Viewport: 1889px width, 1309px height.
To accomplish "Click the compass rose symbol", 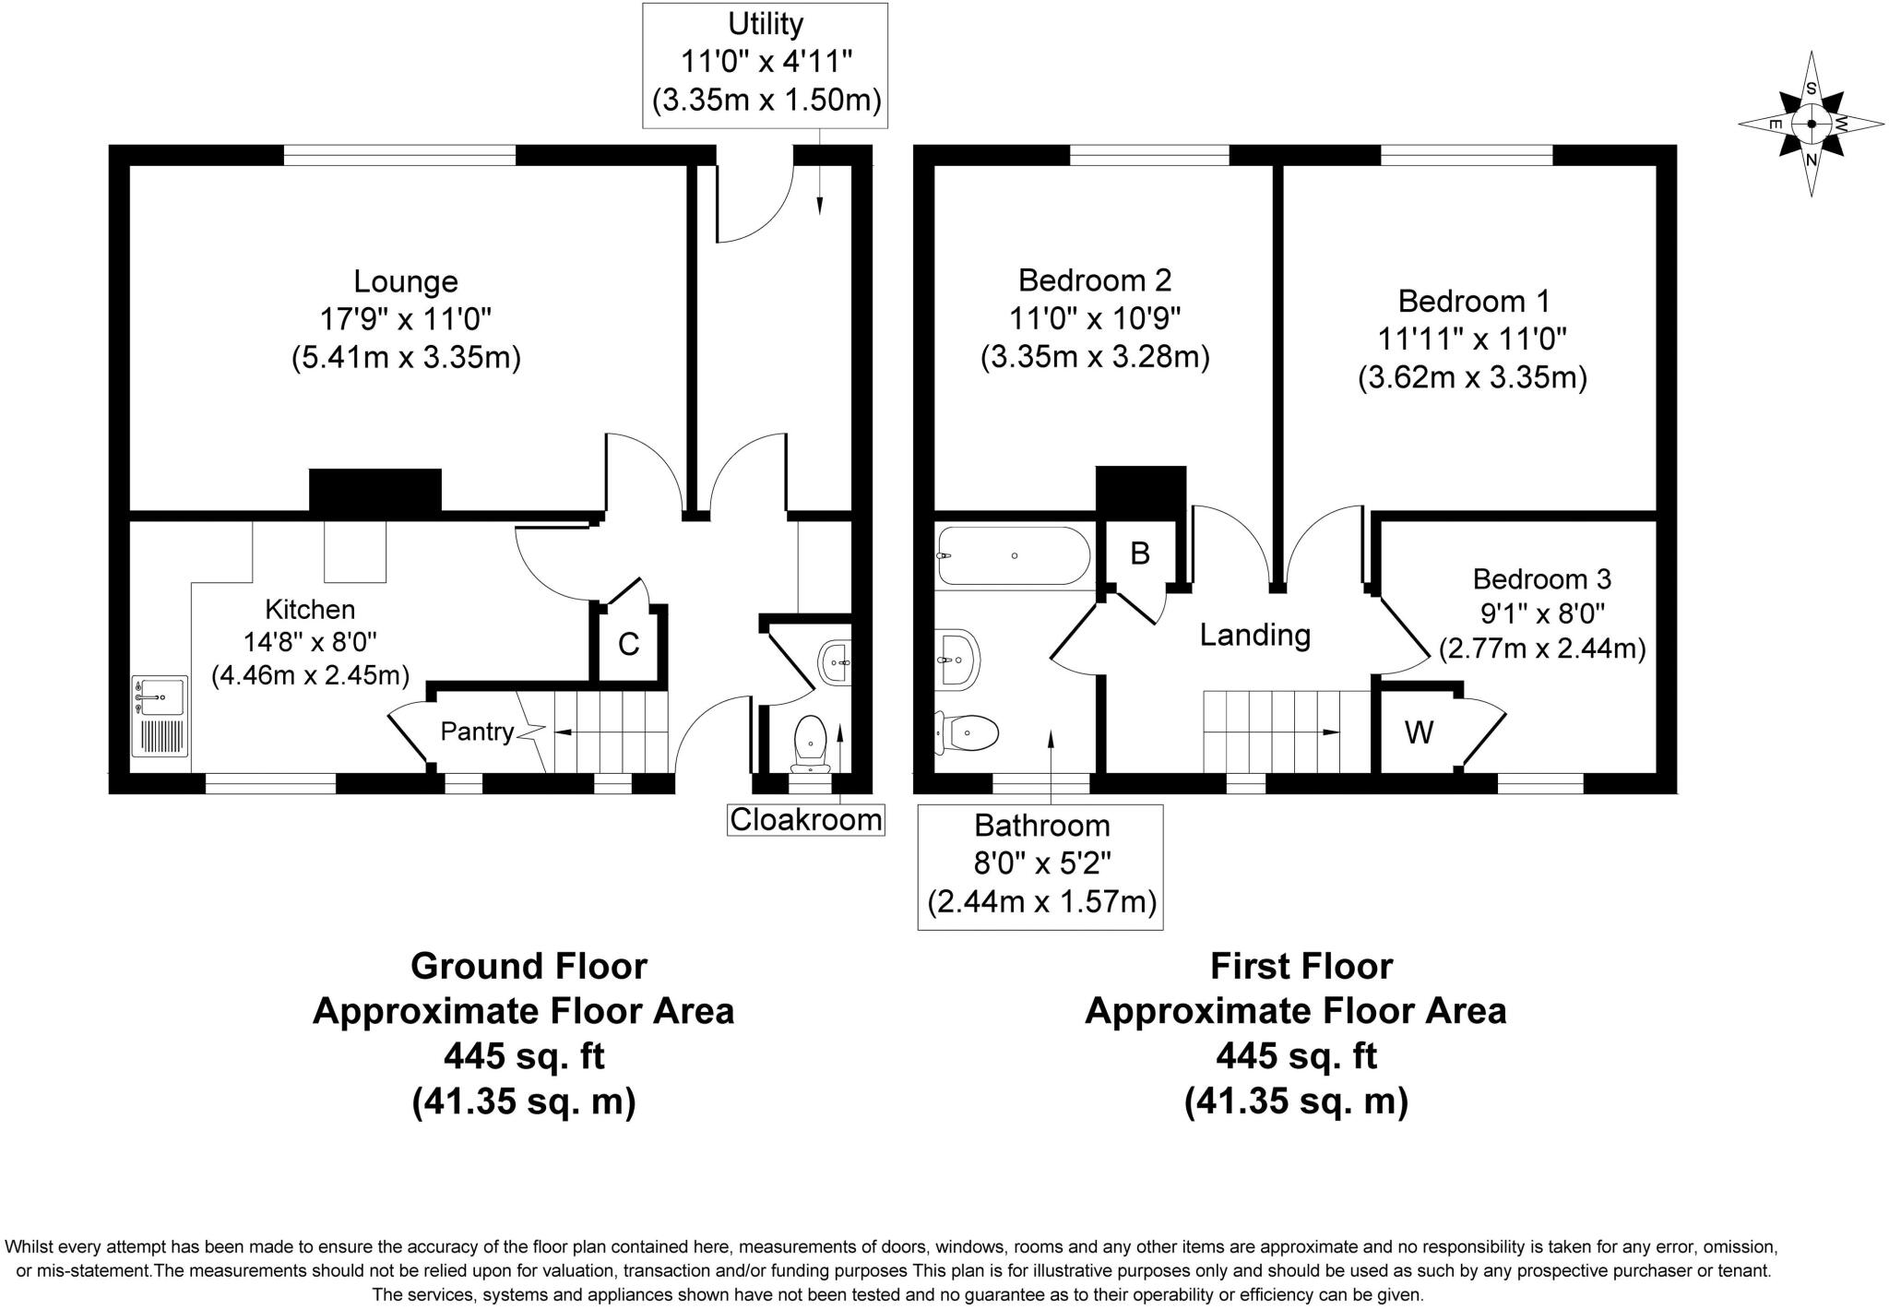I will coord(1811,124).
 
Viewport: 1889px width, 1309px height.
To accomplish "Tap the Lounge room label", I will coord(406,280).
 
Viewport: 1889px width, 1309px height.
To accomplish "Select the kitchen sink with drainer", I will coord(160,716).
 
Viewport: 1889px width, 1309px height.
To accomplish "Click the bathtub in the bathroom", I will coord(1013,555).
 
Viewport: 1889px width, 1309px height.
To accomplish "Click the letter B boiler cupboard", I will coord(1140,553).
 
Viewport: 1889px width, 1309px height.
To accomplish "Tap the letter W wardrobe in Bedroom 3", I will coord(1419,732).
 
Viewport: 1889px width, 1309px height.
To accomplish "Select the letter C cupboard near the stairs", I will coord(628,644).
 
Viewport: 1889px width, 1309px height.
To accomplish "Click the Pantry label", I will coord(477,732).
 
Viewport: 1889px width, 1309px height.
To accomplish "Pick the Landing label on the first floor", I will coord(1254,635).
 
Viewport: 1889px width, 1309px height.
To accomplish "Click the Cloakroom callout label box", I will coord(805,819).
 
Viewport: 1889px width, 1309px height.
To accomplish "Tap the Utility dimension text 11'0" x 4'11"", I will coord(766,62).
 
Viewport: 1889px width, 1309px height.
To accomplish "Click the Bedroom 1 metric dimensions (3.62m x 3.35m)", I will coord(1472,378).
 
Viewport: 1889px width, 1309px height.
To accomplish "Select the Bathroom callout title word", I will coord(1041,825).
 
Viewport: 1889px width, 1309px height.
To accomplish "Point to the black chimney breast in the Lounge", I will coord(374,490).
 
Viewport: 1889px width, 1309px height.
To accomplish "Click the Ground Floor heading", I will coord(529,966).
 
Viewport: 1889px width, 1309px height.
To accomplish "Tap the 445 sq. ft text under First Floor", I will coord(1296,1055).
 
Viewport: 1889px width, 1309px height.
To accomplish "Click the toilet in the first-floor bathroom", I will coord(967,733).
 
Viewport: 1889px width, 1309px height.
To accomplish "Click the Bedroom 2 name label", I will coord(1095,280).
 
